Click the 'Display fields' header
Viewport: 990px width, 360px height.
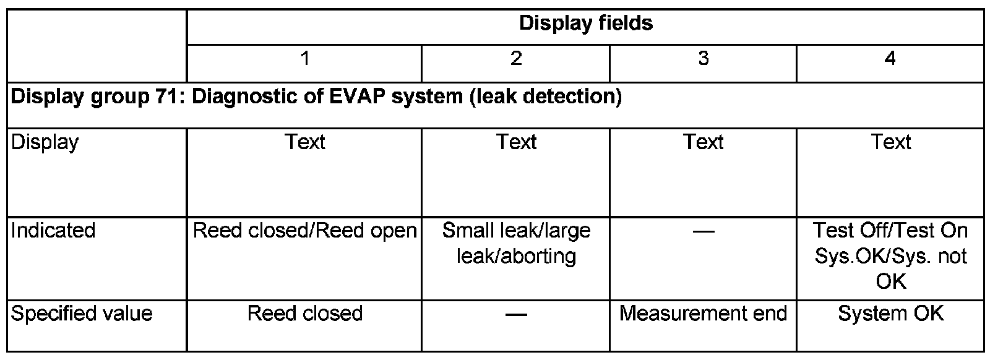pos(585,24)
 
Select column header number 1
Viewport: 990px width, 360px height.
pos(304,59)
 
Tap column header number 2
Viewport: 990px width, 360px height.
pos(516,59)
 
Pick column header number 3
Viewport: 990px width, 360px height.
pos(703,59)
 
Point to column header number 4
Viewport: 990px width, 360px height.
pos(890,59)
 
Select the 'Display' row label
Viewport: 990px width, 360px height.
pos(45,142)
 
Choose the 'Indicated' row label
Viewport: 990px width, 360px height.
pos(53,231)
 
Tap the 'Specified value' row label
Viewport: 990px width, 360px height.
pos(82,314)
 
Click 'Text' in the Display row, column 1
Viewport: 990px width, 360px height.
pos(304,142)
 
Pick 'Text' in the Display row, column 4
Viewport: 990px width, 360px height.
pos(890,142)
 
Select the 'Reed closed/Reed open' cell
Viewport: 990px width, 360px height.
pos(304,231)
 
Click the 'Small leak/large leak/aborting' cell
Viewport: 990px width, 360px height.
pos(516,243)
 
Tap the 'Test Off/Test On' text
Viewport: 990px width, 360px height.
pos(890,231)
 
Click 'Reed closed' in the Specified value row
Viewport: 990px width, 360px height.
pos(304,314)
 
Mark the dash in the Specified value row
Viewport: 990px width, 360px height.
pos(516,315)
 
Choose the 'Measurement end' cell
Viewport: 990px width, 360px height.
pos(703,314)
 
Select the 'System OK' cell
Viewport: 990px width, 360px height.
pos(890,314)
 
